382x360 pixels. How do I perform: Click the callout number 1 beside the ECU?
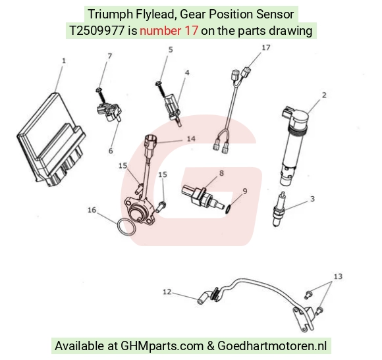click(x=64, y=61)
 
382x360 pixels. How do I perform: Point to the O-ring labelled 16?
click(x=126, y=227)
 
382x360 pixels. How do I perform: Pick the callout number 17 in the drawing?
click(x=266, y=47)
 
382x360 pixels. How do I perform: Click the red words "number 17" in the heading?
click(x=169, y=31)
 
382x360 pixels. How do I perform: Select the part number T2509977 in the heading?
click(x=97, y=31)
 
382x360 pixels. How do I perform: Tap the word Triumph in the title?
click(x=111, y=14)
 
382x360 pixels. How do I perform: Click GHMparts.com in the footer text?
click(x=162, y=346)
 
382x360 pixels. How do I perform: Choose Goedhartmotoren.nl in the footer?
click(x=271, y=346)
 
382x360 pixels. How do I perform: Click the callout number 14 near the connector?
click(x=191, y=138)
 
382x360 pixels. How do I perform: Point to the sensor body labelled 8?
click(x=203, y=196)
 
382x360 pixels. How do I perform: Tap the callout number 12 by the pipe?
click(x=167, y=292)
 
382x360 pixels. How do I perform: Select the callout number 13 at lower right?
click(x=338, y=276)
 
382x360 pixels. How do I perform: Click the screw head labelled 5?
click(x=158, y=84)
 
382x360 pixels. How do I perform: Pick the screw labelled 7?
click(x=101, y=95)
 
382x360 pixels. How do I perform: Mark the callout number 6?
click(x=111, y=151)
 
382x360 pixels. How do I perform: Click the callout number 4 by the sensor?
click(x=187, y=72)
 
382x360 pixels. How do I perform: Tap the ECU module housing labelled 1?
click(x=51, y=140)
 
